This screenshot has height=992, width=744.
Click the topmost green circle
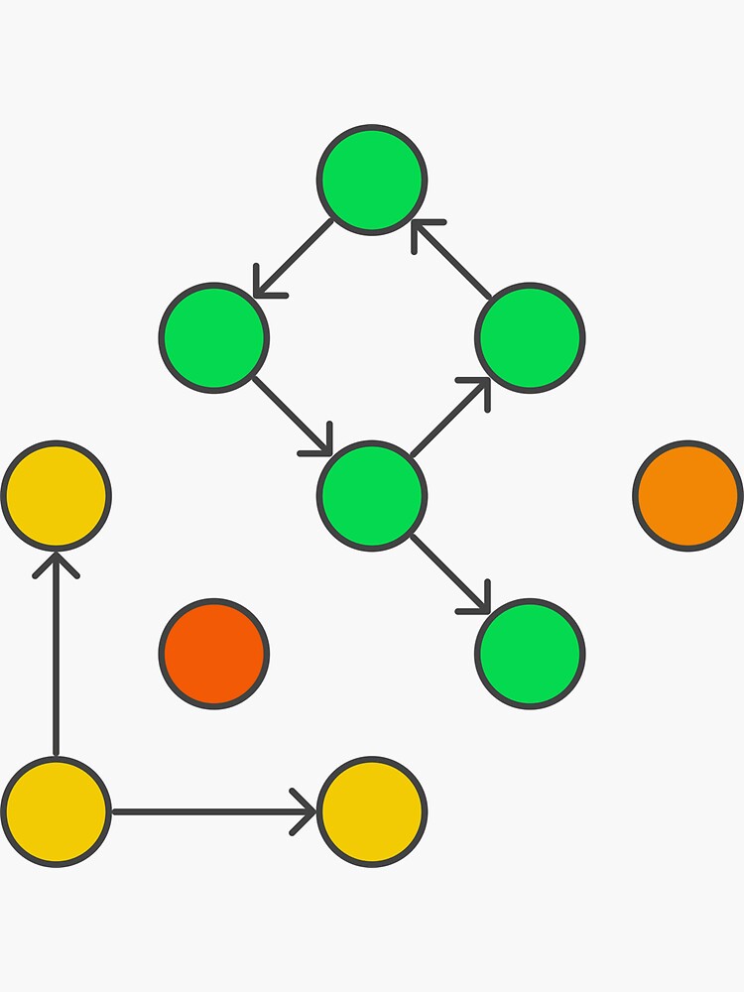[372, 180]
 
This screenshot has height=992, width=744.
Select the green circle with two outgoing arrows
[372, 495]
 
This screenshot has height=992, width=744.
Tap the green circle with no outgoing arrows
[530, 653]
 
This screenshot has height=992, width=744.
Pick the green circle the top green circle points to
[214, 337]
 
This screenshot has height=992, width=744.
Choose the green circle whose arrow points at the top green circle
[530, 337]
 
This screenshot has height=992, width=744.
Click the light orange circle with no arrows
[687, 495]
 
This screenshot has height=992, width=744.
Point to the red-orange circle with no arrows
[214, 653]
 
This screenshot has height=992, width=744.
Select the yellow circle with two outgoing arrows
[56, 810]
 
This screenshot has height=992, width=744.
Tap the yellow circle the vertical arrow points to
[56, 495]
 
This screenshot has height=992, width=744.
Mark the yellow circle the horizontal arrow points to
[372, 810]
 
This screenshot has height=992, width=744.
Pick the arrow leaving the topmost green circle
[294, 258]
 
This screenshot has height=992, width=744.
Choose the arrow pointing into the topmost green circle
[452, 260]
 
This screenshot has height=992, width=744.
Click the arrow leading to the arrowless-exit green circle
[450, 573]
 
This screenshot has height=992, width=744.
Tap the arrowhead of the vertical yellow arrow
[56, 563]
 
